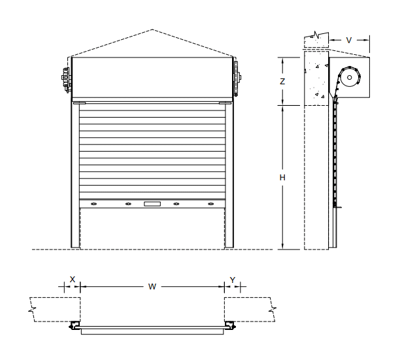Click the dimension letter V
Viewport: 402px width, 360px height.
pyautogui.click(x=348, y=41)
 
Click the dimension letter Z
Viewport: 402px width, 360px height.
pyautogui.click(x=282, y=82)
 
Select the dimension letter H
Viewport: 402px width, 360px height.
pyautogui.click(x=282, y=178)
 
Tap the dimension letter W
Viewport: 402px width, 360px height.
pyautogui.click(x=152, y=286)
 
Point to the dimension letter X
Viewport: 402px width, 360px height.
pyautogui.click(x=73, y=279)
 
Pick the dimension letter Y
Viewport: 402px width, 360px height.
pyautogui.click(x=233, y=280)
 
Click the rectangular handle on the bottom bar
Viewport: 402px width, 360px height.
pyautogui.click(x=152, y=204)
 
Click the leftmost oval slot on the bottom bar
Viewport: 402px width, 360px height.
pyautogui.click(x=94, y=204)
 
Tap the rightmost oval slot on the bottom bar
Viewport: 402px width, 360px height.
pyautogui.click(x=210, y=204)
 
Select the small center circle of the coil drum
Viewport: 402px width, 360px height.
pyautogui.click(x=349, y=77)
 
